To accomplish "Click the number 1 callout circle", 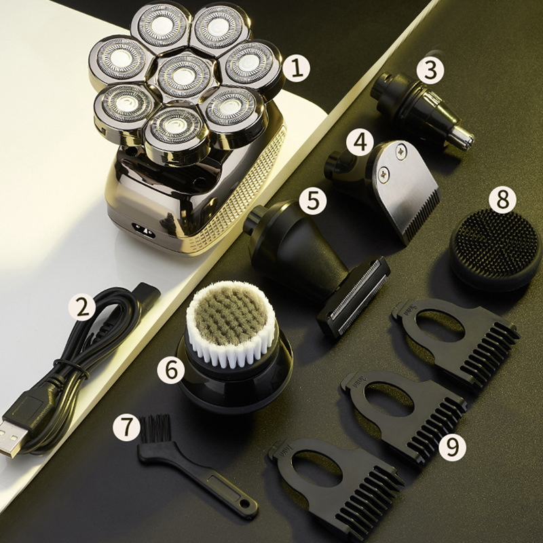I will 296,69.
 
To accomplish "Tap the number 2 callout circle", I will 83,307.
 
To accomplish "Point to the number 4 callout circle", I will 360,143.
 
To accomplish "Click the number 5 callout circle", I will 312,200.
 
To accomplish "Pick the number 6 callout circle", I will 171,370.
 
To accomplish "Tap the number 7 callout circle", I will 129,427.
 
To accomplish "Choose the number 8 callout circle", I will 503,200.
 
